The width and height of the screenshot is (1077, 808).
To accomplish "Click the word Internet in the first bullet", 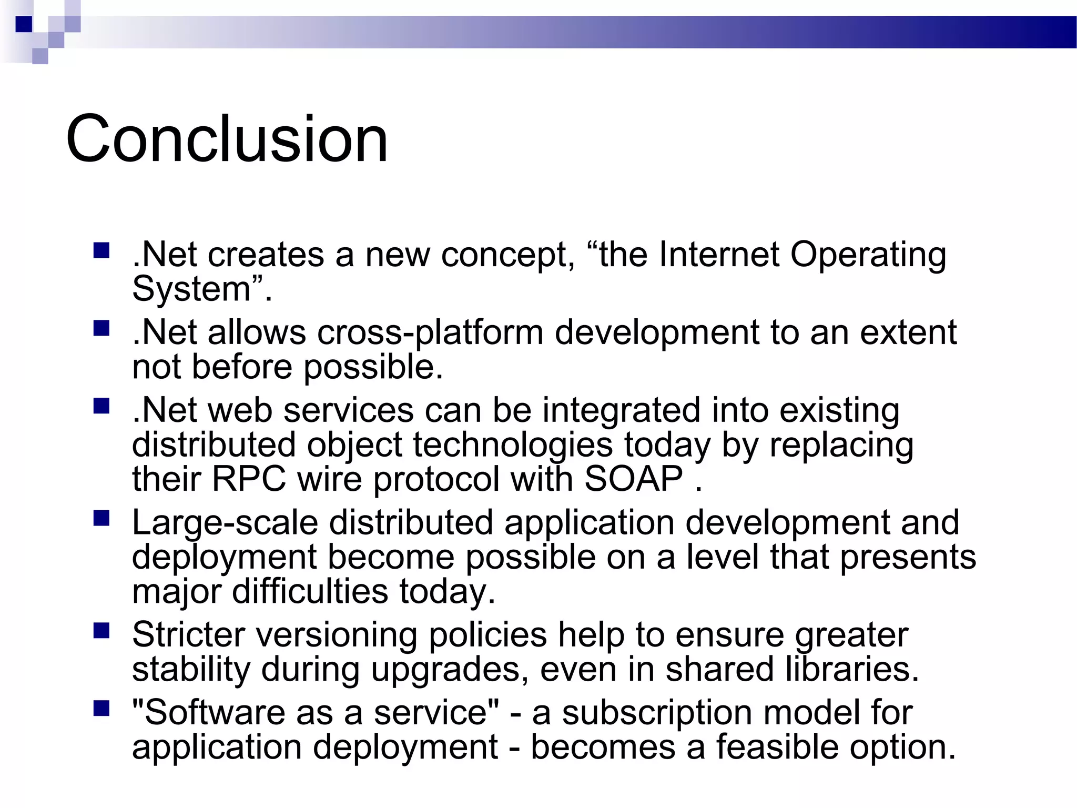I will click(718, 255).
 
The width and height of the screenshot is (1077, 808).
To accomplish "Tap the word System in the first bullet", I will click(191, 289).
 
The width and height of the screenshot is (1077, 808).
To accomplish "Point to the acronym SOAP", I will click(633, 479).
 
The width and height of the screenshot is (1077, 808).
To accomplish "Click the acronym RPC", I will click(249, 479).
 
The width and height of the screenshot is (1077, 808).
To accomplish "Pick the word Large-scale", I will click(225, 524).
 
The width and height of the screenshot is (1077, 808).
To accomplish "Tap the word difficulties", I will click(310, 591).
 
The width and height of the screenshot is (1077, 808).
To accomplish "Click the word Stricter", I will click(188, 635).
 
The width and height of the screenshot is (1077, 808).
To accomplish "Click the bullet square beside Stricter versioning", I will click(101, 630).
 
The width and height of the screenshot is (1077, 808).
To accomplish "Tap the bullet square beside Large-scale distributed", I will click(101, 518).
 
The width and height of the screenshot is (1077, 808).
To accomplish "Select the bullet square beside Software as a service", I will click(101, 709).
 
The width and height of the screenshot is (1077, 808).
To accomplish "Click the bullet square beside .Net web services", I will click(101, 406).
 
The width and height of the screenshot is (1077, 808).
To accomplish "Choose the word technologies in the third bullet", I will click(512, 445).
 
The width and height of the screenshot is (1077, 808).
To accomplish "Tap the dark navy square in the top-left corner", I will click(24, 24).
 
